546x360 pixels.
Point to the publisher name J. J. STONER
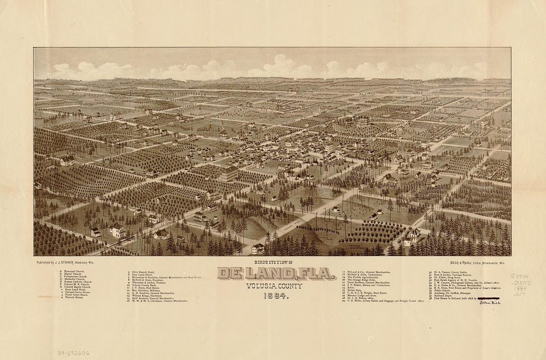[x=75, y=261]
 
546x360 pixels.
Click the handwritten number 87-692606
[x=62, y=353]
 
